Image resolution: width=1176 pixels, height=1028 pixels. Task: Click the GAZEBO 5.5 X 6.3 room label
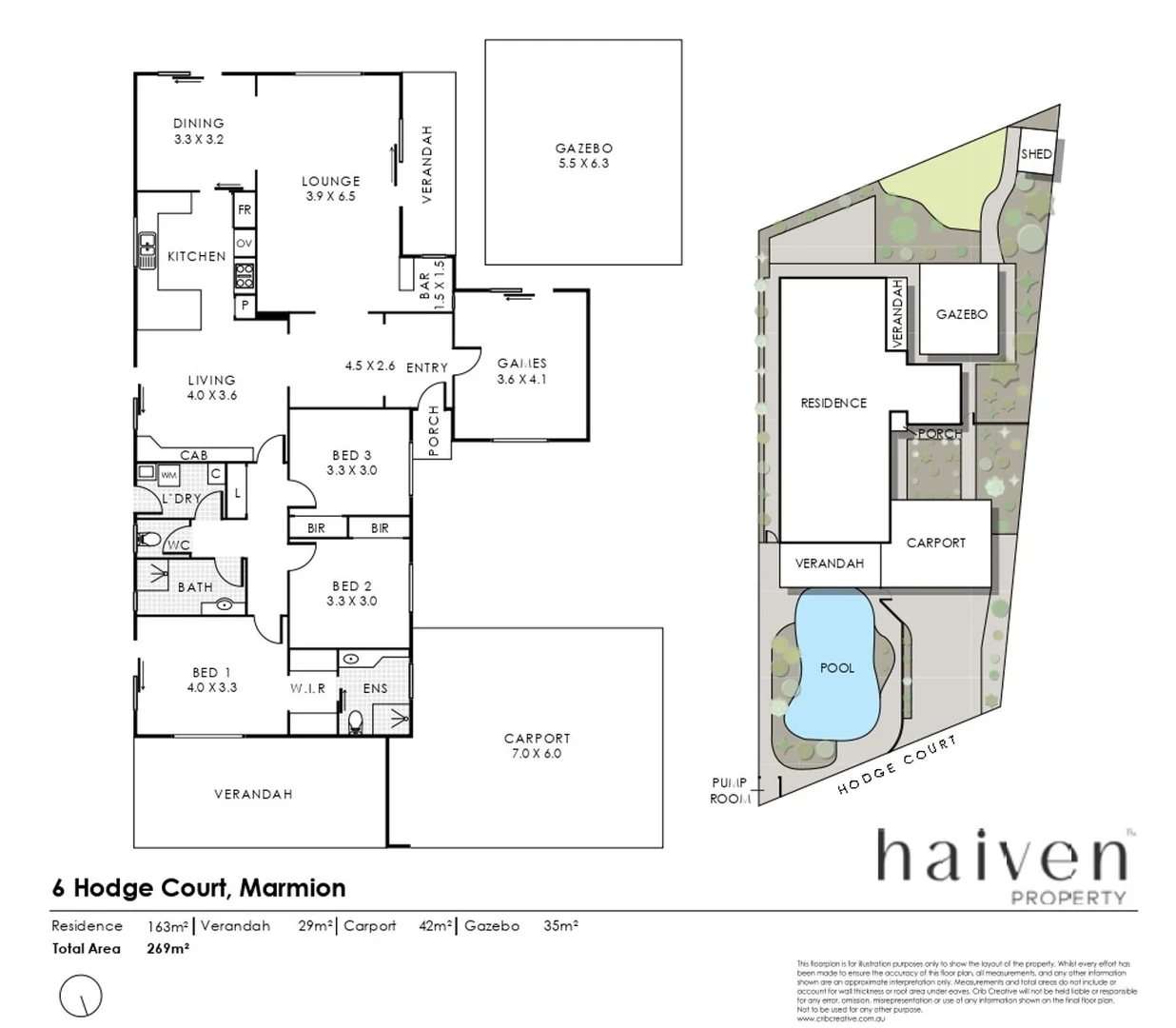pos(583,155)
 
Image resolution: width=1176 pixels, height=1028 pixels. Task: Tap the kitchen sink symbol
pos(147,250)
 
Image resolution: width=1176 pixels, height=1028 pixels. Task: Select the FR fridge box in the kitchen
pos(245,210)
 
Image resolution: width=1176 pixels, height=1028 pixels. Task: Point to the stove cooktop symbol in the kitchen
pos(245,276)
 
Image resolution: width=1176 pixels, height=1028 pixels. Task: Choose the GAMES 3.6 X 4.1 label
pos(521,370)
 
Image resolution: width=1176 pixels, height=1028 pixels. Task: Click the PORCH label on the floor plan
pos(434,430)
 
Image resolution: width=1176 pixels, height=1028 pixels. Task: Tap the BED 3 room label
pos(351,463)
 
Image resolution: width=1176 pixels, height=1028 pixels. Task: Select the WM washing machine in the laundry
pos(168,474)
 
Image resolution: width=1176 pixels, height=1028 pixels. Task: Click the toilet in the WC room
pos(149,540)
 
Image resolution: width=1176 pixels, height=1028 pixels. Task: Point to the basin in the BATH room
pos(225,603)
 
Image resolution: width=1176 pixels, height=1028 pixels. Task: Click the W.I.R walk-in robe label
pos(308,688)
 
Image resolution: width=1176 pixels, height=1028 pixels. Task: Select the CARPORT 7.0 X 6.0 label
pos(538,745)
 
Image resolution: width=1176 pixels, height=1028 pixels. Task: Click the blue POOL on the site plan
pos(836,666)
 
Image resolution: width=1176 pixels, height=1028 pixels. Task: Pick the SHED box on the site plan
pos(1036,154)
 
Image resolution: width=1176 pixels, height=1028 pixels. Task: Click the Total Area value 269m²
pos(168,948)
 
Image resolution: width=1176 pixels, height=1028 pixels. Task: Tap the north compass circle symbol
pos(81,997)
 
